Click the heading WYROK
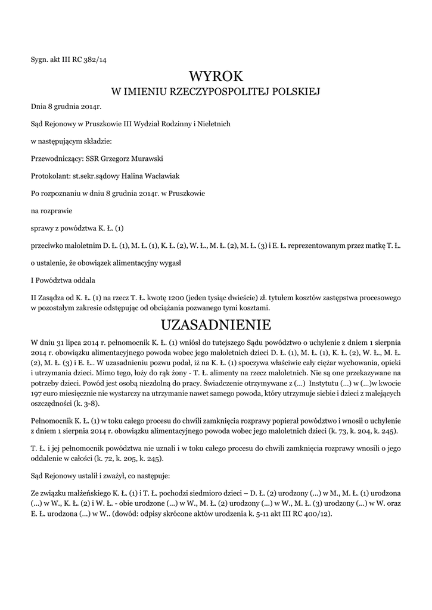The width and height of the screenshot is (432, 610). point(216,76)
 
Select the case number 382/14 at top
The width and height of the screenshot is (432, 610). point(94,59)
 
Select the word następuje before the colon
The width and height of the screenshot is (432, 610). point(149,477)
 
